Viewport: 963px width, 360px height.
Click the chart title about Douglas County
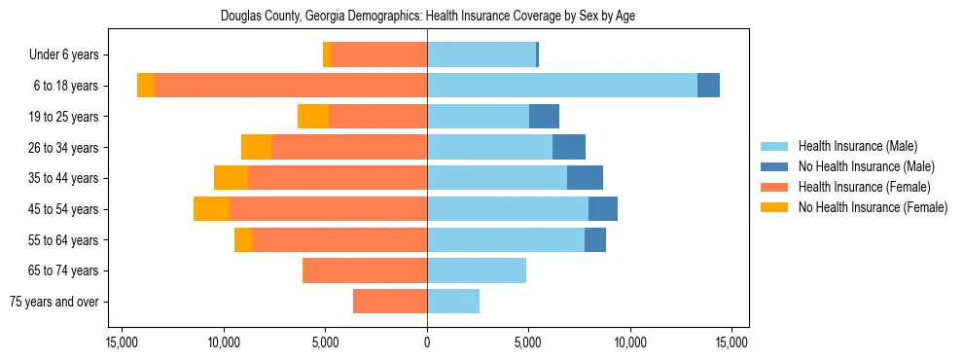coord(428,17)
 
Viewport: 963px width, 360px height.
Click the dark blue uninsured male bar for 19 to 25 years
coord(544,117)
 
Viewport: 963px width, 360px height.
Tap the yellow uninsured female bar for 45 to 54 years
coord(211,209)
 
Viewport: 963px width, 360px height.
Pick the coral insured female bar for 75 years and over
coord(390,302)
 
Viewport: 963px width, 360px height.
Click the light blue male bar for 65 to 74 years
coord(477,270)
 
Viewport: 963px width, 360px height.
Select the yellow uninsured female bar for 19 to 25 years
coord(313,117)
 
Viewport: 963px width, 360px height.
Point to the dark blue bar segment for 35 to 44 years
coord(585,178)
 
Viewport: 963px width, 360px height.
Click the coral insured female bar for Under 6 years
coord(378,54)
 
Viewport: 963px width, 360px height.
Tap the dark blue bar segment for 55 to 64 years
coord(595,240)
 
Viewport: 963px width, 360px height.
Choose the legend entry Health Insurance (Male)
coord(857,146)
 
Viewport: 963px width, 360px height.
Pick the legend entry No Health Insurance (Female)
coord(873,207)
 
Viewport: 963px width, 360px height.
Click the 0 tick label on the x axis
coord(427,342)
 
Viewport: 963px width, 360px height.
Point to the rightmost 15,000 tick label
coord(731,342)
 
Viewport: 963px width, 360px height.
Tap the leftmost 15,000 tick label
coord(123,342)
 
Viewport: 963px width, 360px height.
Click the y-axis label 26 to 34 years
coord(63,148)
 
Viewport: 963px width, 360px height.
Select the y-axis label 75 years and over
coord(53,302)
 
